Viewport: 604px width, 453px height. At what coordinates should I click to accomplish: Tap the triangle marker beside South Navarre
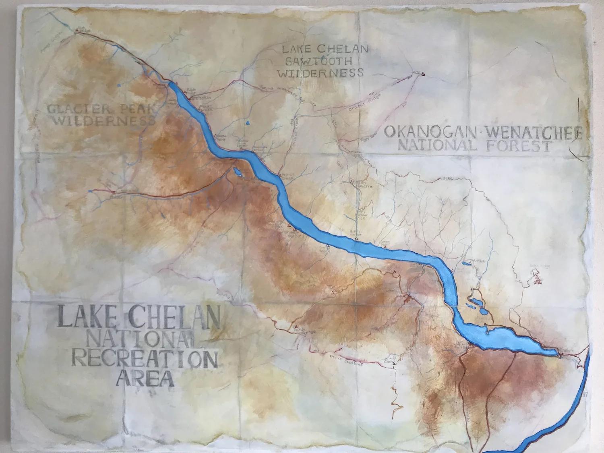352,182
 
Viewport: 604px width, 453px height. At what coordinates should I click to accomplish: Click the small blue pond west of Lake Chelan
237,172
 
